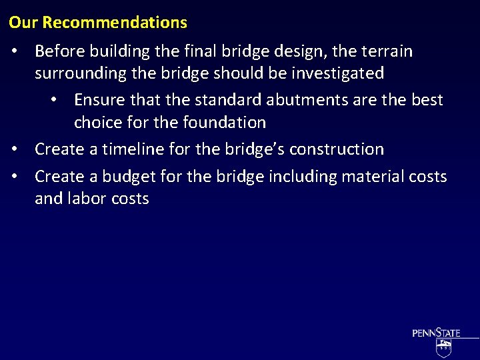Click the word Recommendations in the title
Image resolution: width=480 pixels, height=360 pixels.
[115, 23]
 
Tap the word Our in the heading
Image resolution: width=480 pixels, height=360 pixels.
[24, 23]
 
